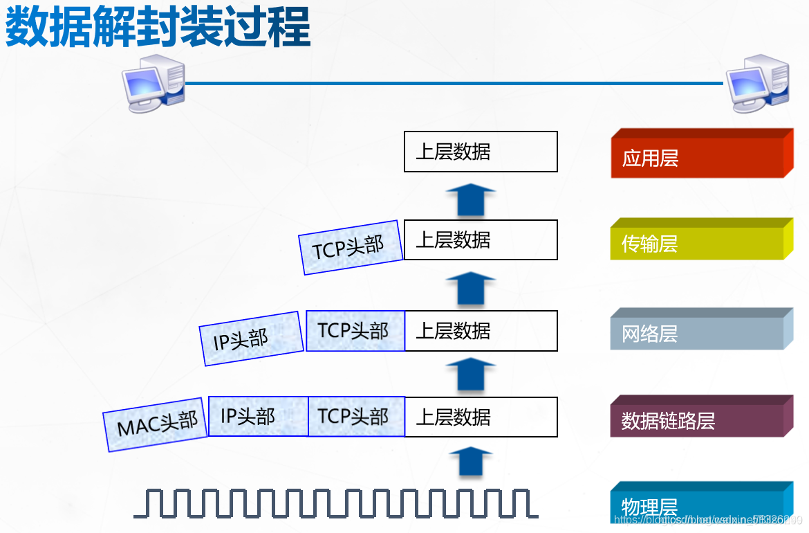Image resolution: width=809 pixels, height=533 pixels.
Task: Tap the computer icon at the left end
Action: coord(154,82)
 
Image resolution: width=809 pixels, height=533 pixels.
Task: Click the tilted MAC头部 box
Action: coord(156,424)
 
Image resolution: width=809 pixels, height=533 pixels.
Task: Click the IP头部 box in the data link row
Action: coord(257,416)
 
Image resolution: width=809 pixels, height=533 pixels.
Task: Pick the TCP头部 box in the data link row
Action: coord(355,416)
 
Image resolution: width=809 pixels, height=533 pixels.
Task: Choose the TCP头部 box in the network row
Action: coord(355,331)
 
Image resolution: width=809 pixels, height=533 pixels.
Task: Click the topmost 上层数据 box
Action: coord(481,152)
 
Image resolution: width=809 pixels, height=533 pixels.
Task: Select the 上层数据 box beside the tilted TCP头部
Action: coord(481,240)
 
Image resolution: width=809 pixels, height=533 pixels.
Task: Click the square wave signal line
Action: coord(335,503)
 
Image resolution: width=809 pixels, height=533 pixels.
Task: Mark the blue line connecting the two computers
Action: coord(453,83)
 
